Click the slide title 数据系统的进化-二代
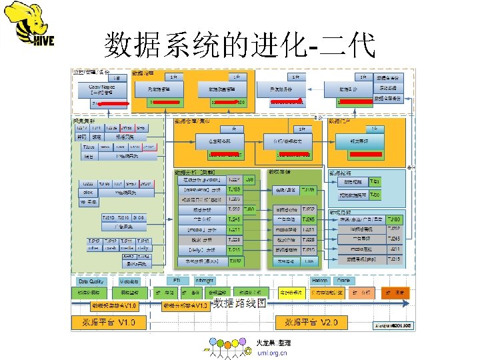tap(240, 45)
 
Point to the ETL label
tap(177, 281)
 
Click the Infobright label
tap(205, 281)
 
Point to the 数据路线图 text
tap(240, 304)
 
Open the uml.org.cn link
tap(271, 353)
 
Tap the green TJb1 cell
tap(375, 181)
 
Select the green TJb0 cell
tap(375, 195)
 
